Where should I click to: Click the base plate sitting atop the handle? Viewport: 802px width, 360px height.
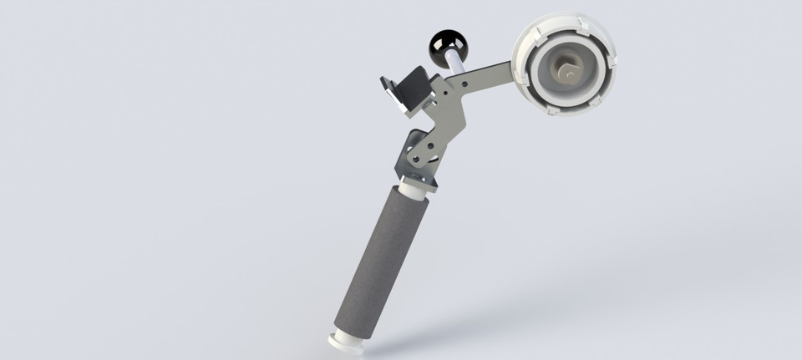tap(418, 175)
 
